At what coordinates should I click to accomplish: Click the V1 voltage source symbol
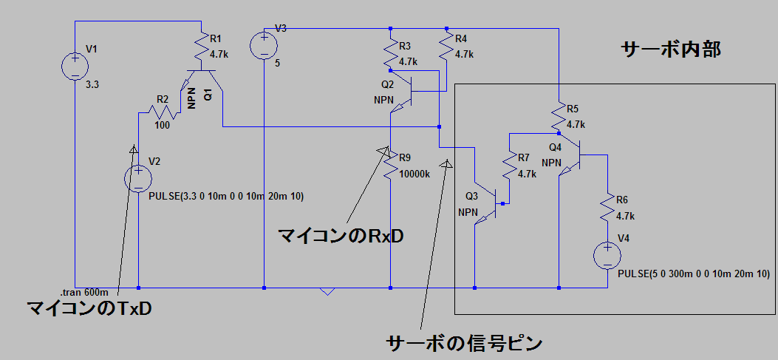(75, 66)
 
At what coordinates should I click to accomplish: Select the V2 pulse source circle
(138, 179)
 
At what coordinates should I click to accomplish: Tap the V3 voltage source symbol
(264, 45)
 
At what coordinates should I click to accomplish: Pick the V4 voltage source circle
(607, 256)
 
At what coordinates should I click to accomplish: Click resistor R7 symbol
(509, 166)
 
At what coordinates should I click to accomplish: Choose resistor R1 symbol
(200, 50)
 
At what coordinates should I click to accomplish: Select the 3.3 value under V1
(92, 85)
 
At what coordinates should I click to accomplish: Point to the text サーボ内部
(670, 50)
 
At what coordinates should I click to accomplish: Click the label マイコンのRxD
(341, 237)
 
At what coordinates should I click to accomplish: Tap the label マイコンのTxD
(89, 308)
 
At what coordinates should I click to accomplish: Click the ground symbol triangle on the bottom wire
(328, 291)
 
